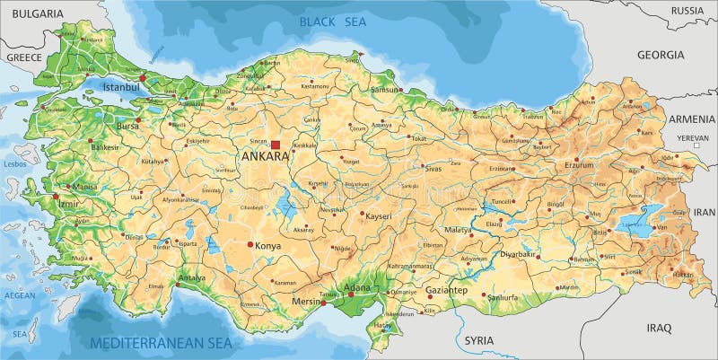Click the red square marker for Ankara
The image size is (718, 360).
tap(276, 145)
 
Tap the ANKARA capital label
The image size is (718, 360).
tap(266, 156)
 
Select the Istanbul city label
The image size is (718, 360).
tap(121, 88)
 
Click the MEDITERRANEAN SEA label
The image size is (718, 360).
tap(161, 342)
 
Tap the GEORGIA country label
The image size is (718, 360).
tap(661, 55)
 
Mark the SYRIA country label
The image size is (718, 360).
tap(479, 340)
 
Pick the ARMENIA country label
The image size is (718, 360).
tap(691, 119)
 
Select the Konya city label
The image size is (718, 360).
tap(268, 245)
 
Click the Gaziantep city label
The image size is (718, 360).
tap(446, 291)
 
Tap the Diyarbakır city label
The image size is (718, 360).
tap(518, 254)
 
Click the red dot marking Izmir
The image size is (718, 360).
tap(56, 196)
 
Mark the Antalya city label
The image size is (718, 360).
tap(192, 277)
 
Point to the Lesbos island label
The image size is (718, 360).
tap(13, 164)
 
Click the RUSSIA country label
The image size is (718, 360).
tap(688, 11)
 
